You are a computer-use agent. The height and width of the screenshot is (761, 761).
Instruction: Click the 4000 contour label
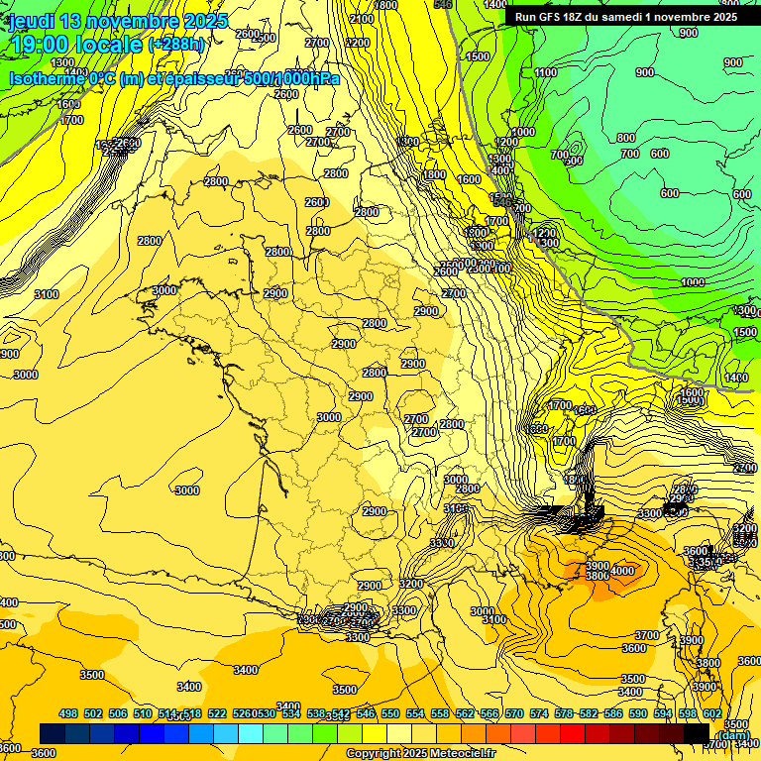(x=622, y=571)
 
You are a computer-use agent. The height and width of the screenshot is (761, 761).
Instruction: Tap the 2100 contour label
(x=362, y=19)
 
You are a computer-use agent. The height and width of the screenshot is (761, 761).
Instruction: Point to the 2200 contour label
(x=358, y=44)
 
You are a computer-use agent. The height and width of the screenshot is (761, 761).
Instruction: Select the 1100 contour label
(x=546, y=72)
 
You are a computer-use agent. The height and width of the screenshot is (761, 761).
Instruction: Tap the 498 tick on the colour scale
(x=68, y=713)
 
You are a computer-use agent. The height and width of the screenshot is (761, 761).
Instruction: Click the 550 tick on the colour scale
(x=390, y=713)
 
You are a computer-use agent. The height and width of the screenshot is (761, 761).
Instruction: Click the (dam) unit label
(x=733, y=734)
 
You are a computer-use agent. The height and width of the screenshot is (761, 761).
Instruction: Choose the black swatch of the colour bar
(x=697, y=733)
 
